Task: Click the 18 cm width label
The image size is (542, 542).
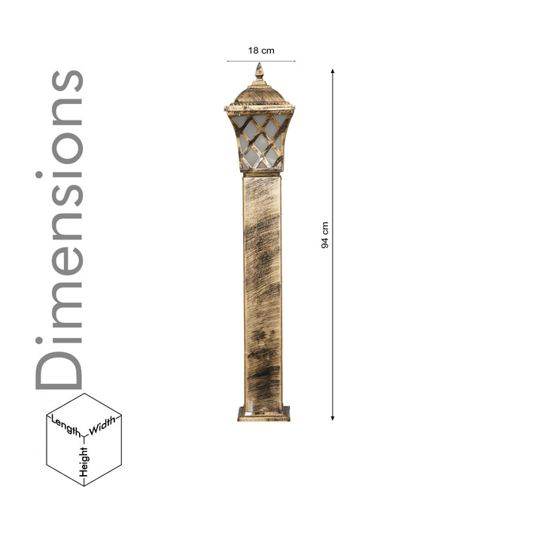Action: [261, 50]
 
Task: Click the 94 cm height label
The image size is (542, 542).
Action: [325, 235]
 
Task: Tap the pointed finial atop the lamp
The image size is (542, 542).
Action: [260, 72]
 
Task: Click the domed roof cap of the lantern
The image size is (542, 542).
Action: [260, 95]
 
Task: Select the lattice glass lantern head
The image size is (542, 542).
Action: [260, 140]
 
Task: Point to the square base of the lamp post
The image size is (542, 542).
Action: [263, 413]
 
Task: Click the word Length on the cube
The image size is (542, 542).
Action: [65, 426]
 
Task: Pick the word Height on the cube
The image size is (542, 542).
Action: [84, 461]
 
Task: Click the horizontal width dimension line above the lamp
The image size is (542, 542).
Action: [261, 61]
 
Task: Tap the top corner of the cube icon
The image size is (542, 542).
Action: [84, 394]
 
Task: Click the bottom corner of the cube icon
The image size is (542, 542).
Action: [84, 486]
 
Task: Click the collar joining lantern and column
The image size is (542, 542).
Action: [262, 173]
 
